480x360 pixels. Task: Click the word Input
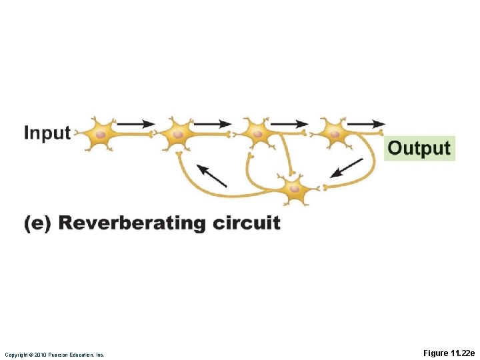(47, 133)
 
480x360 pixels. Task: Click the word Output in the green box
(419, 147)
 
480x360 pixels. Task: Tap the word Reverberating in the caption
(133, 223)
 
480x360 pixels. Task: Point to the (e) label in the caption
(37, 223)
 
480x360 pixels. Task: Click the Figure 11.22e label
(449, 353)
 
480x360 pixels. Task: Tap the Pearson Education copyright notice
(55, 355)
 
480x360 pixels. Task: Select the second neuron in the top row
(177, 134)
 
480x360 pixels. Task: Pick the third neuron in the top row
(256, 134)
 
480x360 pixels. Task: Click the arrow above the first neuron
(135, 123)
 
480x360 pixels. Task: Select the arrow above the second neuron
(212, 123)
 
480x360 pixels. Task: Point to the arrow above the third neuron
(289, 123)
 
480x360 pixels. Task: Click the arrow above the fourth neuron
(366, 123)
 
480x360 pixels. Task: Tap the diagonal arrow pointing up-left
(212, 175)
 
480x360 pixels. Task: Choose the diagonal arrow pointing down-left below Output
(347, 167)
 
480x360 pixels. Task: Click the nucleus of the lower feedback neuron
(294, 189)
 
